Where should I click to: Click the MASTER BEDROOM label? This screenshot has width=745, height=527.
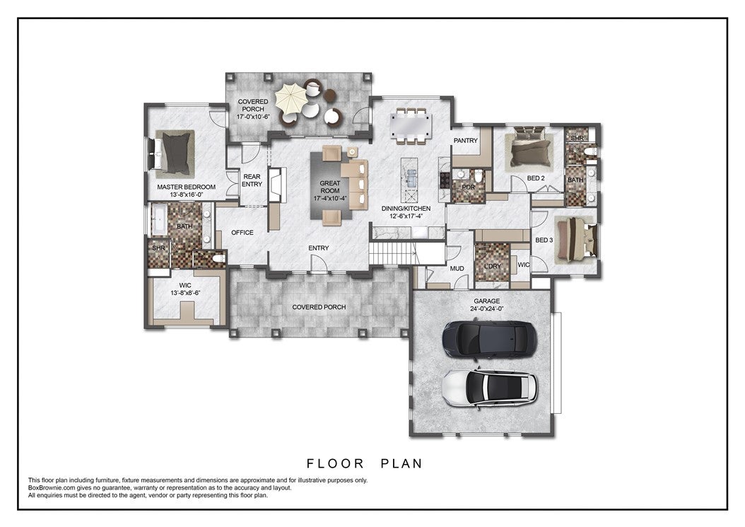187,187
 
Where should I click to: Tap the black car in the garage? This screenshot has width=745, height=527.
489,339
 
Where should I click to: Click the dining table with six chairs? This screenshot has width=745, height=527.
411,126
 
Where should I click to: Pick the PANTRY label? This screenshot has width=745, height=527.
466,140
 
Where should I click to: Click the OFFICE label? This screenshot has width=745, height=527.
242,233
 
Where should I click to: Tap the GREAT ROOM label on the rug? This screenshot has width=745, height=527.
330,187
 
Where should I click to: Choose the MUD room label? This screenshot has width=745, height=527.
457,269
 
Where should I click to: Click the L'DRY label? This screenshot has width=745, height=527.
493,267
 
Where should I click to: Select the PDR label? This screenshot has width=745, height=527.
469,187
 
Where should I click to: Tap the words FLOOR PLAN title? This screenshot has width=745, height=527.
365,463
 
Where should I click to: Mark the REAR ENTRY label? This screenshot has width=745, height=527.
252,180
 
